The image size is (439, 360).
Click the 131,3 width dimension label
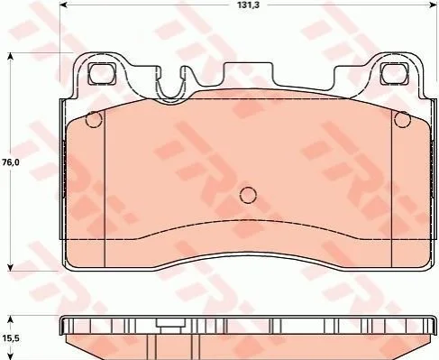pos(248,5)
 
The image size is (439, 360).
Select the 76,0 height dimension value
pos(11,162)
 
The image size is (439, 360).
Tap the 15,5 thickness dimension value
pos(11,338)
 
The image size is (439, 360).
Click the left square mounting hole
pos(102,74)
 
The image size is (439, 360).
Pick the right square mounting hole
pos(394,74)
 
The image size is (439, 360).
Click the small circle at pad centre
pos(248,195)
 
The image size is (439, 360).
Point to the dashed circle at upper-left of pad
pos(94,119)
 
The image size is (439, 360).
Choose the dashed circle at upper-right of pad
pos(403,119)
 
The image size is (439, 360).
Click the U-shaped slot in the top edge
pos(170,86)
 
